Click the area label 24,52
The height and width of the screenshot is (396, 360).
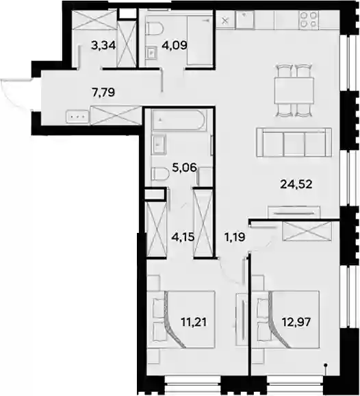(x=296, y=184)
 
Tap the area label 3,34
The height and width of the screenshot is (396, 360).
(x=103, y=46)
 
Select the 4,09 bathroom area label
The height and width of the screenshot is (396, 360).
(x=175, y=45)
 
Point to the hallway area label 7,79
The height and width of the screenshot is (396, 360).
(x=103, y=92)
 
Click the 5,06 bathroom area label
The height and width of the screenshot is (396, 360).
(x=184, y=167)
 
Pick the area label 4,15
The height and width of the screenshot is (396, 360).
(x=183, y=237)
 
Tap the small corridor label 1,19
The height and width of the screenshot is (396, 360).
(x=234, y=237)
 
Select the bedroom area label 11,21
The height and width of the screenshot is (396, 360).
(x=194, y=322)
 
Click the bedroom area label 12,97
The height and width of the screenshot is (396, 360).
(x=296, y=322)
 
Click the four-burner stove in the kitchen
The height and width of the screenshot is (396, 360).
(x=309, y=20)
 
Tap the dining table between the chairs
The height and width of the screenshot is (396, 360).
(x=294, y=90)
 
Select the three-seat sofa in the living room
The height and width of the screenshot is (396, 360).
(x=294, y=143)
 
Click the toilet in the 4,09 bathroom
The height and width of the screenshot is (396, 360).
(x=155, y=29)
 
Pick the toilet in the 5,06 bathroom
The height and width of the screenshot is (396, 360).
(x=160, y=174)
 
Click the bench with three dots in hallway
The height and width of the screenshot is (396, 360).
(x=77, y=117)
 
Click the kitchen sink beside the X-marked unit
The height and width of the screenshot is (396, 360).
(x=245, y=19)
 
